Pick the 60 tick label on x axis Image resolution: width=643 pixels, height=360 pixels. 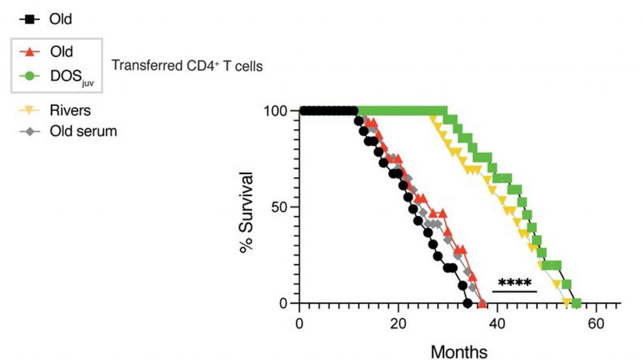pos(597,325)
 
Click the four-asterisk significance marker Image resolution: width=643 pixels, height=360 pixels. pos(514,283)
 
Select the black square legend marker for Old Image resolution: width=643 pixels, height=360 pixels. pos(27,19)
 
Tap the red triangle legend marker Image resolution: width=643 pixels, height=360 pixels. pos(27,52)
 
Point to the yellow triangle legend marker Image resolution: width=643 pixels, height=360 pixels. pos(27,111)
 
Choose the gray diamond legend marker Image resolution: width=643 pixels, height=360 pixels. pos(27,132)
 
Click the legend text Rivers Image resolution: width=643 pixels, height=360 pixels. pos(70,111)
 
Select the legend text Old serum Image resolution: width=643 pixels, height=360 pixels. pos(84,132)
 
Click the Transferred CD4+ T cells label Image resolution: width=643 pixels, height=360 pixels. pos(187,65)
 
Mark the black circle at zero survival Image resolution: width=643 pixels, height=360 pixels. pos(467,303)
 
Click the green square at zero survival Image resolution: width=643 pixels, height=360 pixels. pos(576,303)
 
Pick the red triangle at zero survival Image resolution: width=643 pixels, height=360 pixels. pos(482,303)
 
